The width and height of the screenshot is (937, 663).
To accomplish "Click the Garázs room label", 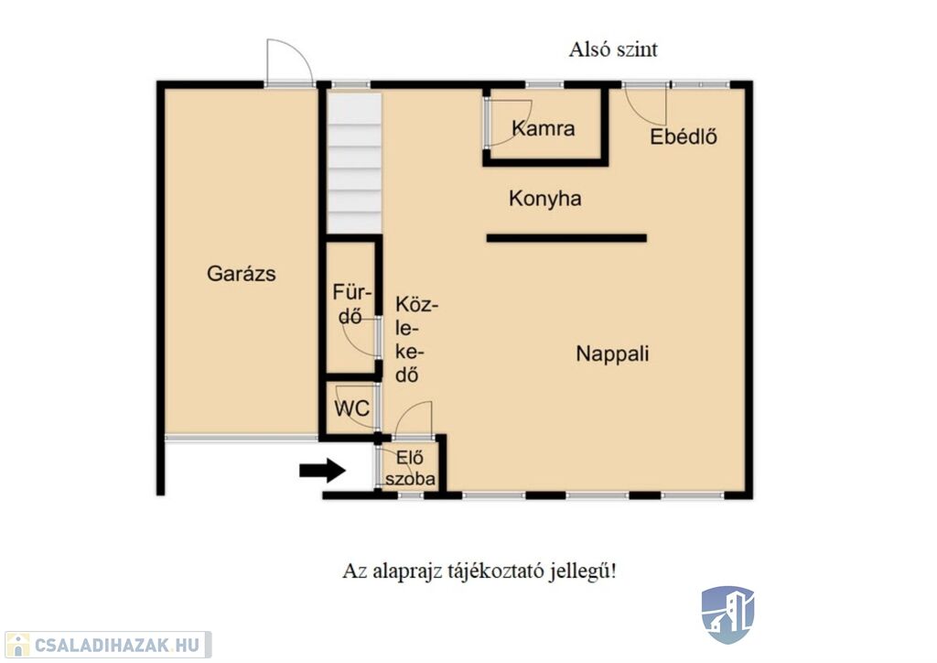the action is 242,274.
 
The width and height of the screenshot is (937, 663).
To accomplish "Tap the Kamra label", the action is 544,128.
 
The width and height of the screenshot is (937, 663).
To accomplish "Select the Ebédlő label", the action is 684,136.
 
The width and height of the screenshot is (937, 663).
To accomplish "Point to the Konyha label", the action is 545,199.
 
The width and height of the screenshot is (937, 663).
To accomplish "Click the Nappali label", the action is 612,353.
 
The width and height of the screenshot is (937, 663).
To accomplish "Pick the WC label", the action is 351,409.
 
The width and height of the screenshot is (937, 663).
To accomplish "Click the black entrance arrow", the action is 323,471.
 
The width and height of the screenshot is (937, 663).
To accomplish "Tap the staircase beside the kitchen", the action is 354,163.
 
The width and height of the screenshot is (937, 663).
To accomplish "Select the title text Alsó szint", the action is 613,49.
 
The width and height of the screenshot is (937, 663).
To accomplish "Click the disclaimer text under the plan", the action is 479,571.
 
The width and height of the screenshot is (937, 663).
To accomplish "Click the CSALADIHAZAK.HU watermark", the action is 108,645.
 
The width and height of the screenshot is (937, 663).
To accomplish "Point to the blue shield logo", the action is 727,614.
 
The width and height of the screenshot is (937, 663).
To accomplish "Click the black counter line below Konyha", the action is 566,238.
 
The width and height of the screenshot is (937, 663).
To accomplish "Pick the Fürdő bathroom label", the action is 351,304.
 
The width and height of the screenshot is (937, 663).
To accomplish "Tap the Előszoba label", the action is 410,468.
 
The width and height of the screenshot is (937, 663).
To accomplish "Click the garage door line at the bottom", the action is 242,439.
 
